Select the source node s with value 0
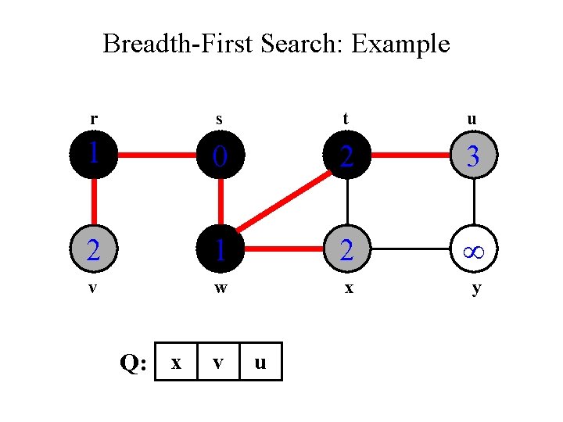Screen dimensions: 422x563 click(x=221, y=156)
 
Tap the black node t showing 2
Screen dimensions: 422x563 click(x=347, y=156)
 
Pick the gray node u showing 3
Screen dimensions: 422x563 click(x=473, y=156)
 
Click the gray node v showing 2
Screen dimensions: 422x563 click(x=94, y=250)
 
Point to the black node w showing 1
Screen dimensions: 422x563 click(x=221, y=250)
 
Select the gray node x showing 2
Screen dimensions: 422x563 click(x=347, y=250)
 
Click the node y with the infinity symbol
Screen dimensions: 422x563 click(x=473, y=250)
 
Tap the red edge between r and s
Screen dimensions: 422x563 click(x=157, y=156)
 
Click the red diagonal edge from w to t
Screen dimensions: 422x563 click(x=284, y=203)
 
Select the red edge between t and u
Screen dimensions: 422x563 click(x=411, y=156)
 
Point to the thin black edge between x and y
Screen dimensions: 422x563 click(x=411, y=250)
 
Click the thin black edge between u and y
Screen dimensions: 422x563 click(x=473, y=203)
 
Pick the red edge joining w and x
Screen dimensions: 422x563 click(x=284, y=250)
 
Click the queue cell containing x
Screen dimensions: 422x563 click(x=177, y=362)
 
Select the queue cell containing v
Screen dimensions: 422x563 click(x=219, y=362)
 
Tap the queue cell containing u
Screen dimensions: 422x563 click(x=260, y=362)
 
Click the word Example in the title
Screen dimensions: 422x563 click(x=400, y=45)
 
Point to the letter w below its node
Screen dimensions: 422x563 click(x=221, y=288)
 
